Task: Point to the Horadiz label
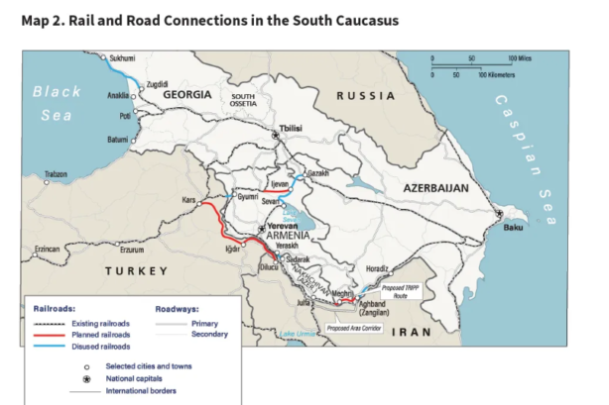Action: (x=377, y=267)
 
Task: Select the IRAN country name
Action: (x=414, y=333)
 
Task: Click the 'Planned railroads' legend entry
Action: (x=101, y=335)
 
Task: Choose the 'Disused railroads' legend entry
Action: (x=101, y=347)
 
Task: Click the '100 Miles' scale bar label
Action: (x=519, y=58)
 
